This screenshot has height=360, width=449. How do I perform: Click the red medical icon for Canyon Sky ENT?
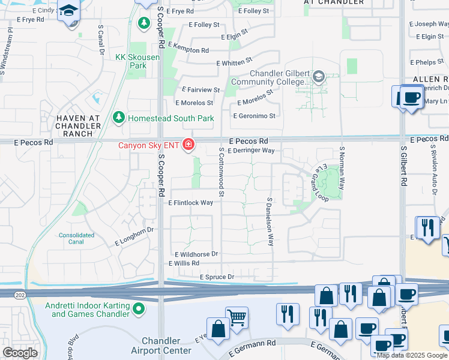[188, 145]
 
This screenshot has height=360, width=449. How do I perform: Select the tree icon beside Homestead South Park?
[119, 118]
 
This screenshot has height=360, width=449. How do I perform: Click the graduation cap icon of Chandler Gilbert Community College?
[318, 76]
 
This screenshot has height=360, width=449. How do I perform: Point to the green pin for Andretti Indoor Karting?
[139, 310]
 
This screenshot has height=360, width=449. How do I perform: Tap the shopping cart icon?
[237, 318]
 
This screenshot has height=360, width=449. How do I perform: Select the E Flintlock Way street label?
[191, 203]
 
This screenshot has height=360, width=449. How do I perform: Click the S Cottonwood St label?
[221, 172]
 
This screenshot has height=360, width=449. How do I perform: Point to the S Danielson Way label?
[270, 222]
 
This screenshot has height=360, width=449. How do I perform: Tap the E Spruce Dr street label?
[217, 277]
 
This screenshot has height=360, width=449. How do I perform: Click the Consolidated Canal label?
[76, 239]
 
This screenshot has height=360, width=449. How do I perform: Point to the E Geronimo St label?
[254, 116]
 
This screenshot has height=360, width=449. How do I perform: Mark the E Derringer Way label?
[251, 151]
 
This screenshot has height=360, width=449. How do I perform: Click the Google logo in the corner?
[20, 353]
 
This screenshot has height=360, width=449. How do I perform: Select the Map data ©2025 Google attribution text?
[411, 355]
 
